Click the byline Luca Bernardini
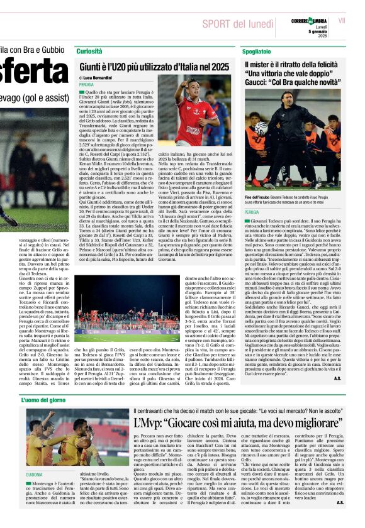click(x=97, y=77)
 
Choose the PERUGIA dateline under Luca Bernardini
click(x=86, y=84)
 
